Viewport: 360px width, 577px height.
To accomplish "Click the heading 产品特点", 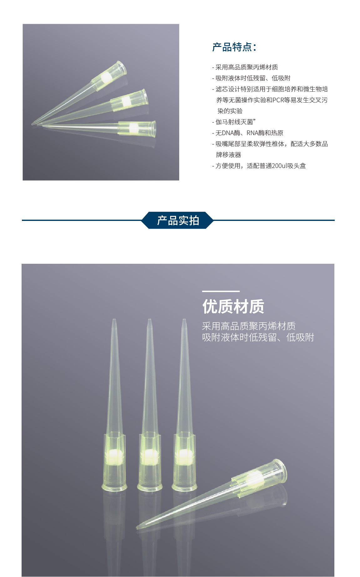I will point(234,47).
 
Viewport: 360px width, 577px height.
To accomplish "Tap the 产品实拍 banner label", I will point(178,221).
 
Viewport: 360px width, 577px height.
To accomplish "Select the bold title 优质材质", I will point(233,306).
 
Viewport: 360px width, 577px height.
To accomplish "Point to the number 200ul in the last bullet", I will point(279,166).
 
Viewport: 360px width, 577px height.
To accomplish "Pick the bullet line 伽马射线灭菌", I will point(234,122).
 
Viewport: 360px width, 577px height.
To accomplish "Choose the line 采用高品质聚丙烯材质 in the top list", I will point(246,67).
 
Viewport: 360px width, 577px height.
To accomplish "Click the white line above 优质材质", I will point(221,291).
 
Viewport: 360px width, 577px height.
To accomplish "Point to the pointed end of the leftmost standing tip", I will point(114,320).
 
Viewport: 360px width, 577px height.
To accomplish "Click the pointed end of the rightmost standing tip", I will point(184,320).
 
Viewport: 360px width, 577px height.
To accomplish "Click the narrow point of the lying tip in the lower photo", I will point(138,528).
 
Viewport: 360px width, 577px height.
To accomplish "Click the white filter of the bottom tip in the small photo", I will point(134,128).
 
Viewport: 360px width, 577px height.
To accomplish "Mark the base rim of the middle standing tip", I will point(150,488).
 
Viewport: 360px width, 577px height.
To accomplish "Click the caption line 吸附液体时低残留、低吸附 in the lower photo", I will point(258,337).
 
